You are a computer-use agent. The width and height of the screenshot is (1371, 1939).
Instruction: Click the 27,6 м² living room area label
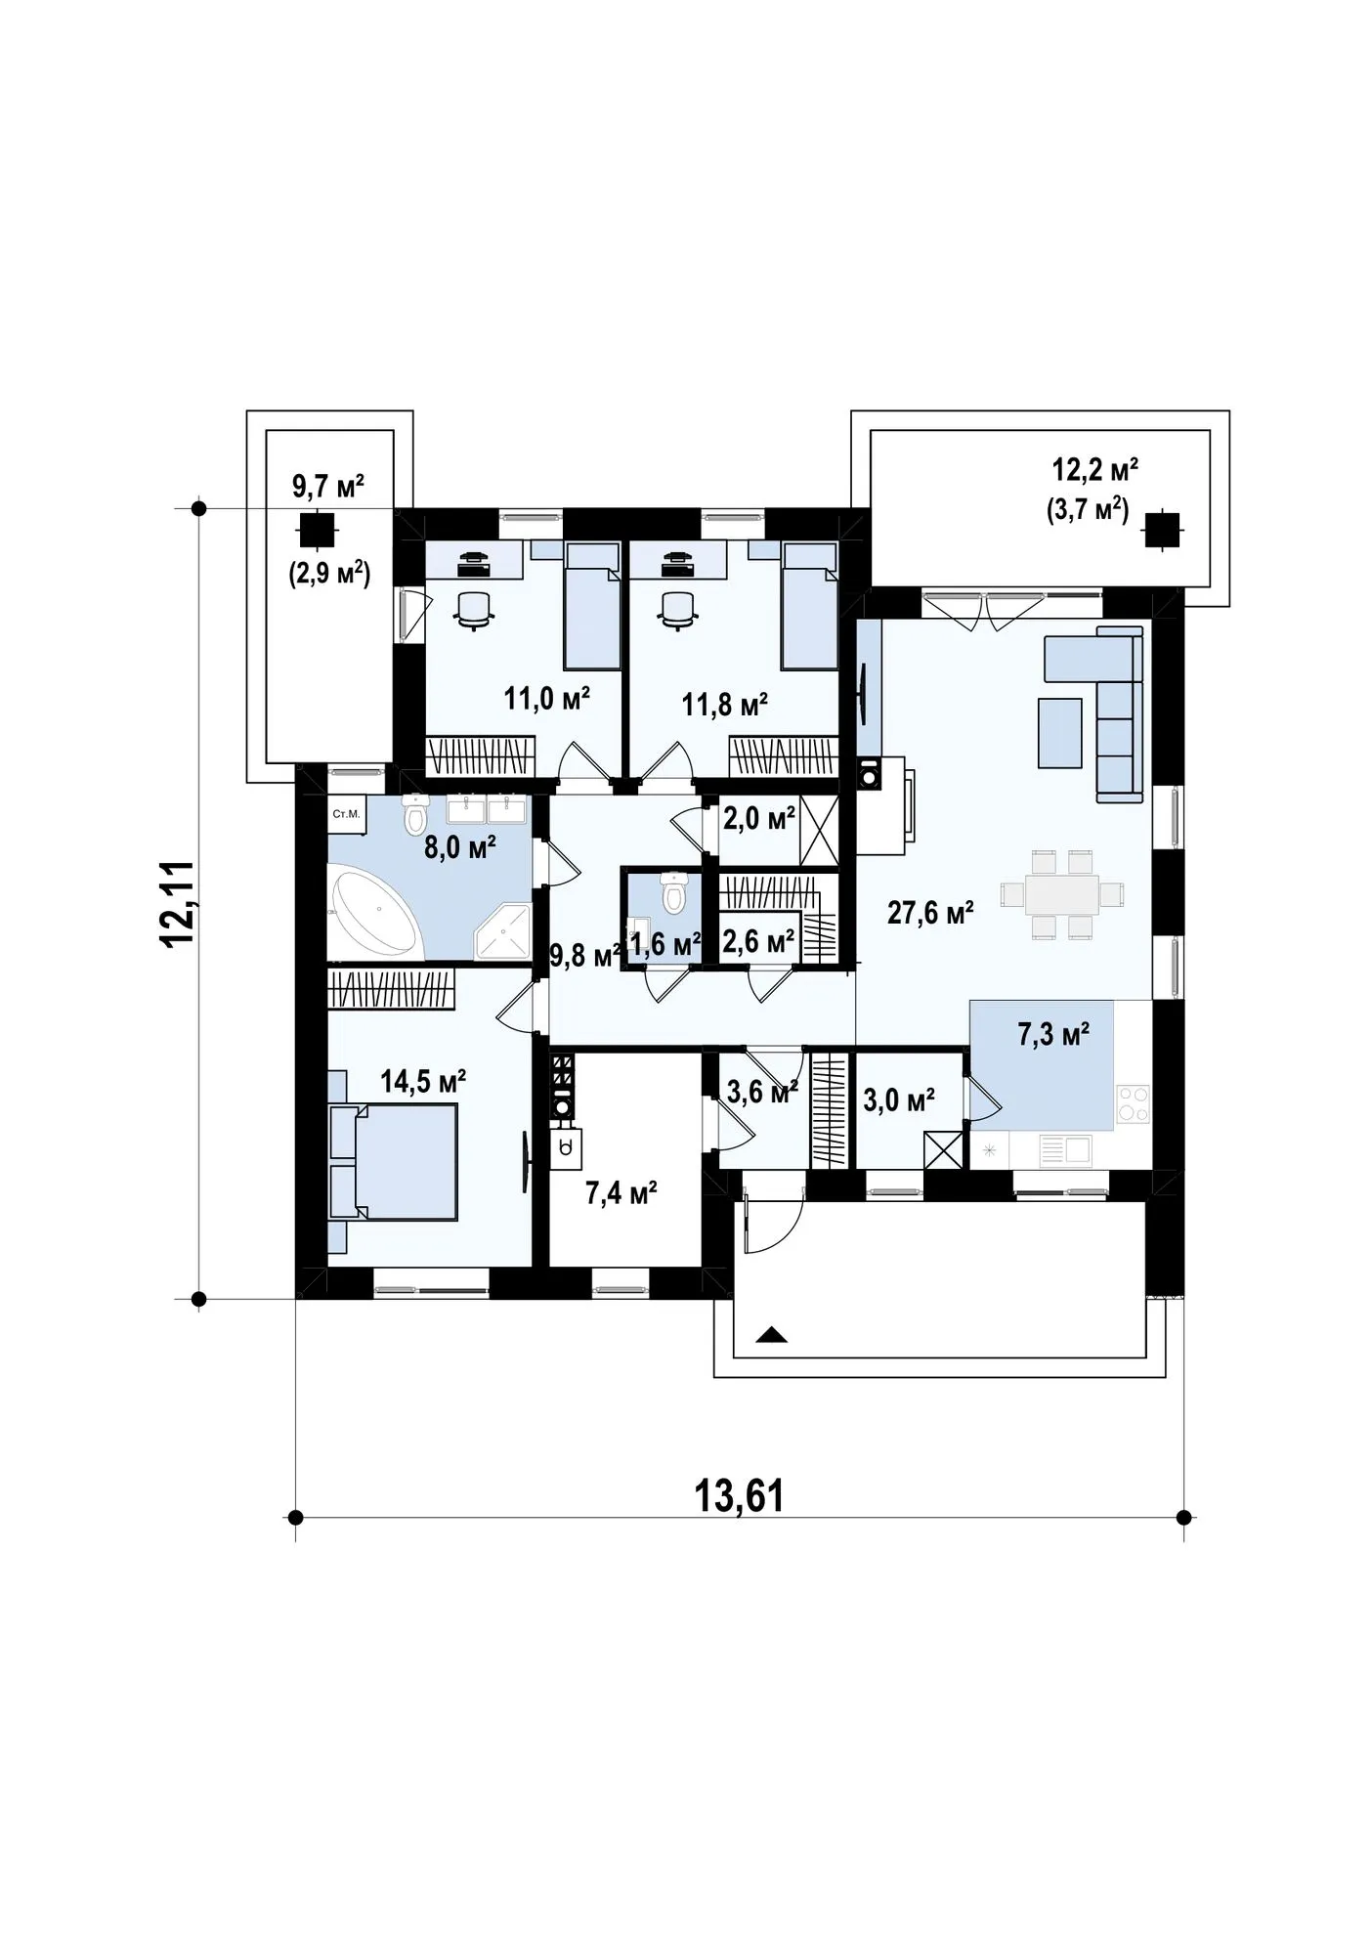point(929,914)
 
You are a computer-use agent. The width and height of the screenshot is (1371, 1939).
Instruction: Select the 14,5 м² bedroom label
point(422,1080)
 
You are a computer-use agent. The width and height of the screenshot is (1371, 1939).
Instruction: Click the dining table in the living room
point(1061,894)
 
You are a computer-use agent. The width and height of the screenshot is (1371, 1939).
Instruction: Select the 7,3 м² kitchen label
point(1053,1035)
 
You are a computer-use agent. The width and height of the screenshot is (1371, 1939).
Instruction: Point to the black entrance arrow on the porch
point(772,1335)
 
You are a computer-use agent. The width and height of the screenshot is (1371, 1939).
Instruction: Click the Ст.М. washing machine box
point(346,813)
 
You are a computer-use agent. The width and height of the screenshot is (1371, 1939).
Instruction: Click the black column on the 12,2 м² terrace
point(1161,530)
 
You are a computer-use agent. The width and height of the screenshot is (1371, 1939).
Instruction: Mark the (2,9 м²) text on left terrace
point(328,574)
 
